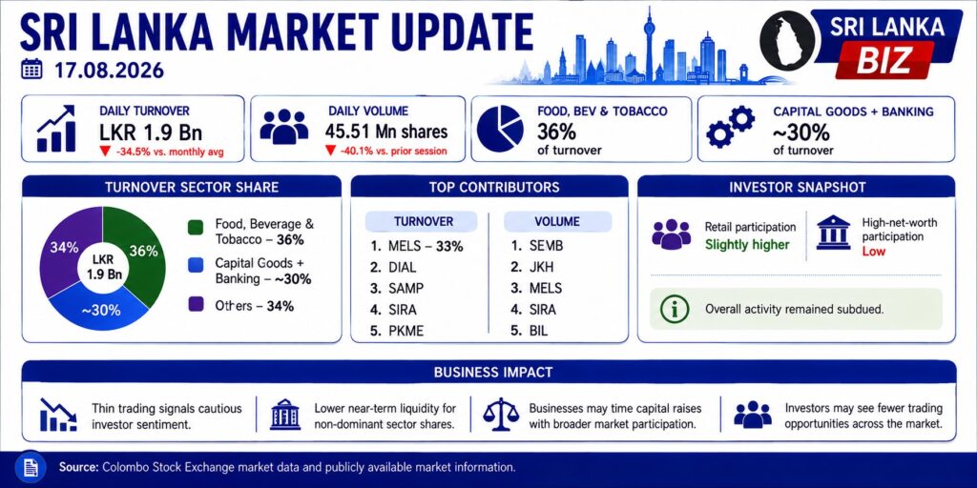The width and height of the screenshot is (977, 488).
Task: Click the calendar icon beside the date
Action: (x=31, y=69)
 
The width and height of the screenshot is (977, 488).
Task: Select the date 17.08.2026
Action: (x=109, y=70)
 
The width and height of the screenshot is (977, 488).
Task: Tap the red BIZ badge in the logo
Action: (x=884, y=60)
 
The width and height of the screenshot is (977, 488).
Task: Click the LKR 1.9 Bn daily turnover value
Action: (x=150, y=132)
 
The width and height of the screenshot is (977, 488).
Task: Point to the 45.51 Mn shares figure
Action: (x=386, y=132)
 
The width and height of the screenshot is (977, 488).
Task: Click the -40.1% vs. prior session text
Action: (x=386, y=151)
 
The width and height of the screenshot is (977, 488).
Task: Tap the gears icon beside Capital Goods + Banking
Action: (x=731, y=127)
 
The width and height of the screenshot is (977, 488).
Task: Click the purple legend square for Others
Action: (x=196, y=305)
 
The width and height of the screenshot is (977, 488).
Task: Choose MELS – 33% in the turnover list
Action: (x=416, y=247)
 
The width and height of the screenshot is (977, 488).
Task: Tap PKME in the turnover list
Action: (x=396, y=331)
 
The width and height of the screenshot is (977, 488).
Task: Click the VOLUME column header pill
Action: (x=557, y=221)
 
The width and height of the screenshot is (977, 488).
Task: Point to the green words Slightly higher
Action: (x=747, y=245)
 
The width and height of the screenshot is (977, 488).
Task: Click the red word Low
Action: (x=874, y=252)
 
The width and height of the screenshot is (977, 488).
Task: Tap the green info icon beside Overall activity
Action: (x=675, y=309)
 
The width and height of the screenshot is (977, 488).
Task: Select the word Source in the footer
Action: (x=78, y=467)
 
